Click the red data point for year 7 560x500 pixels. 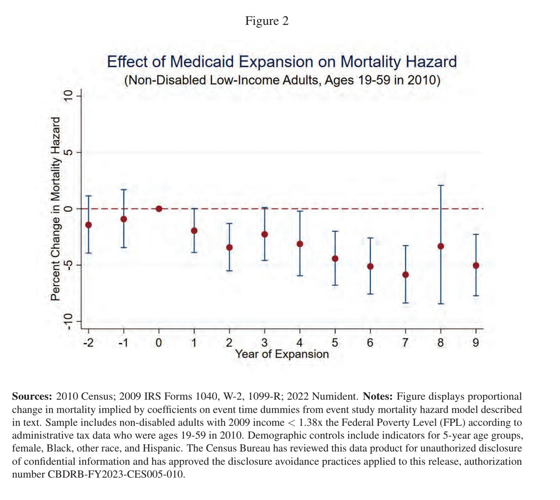[x=405, y=275]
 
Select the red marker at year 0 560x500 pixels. [x=158, y=209]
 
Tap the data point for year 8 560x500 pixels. [x=441, y=246]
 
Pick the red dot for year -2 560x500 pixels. [x=88, y=225]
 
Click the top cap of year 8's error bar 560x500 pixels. [x=441, y=185]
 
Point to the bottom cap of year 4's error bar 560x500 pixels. [x=300, y=276]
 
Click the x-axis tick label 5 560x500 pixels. [x=335, y=343]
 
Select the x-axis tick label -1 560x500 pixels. [x=123, y=343]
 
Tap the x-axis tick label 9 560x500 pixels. [x=476, y=343]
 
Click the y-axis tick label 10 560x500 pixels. [x=68, y=96]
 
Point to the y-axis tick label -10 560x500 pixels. [x=68, y=322]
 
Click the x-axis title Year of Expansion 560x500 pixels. [x=282, y=354]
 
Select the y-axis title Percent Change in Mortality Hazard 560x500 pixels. [x=56, y=209]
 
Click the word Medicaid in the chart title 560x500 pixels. [x=202, y=62]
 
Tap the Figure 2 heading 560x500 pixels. [x=267, y=21]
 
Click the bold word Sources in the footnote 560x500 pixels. [x=32, y=396]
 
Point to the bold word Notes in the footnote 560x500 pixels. [x=377, y=396]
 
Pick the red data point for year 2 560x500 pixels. [x=229, y=248]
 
